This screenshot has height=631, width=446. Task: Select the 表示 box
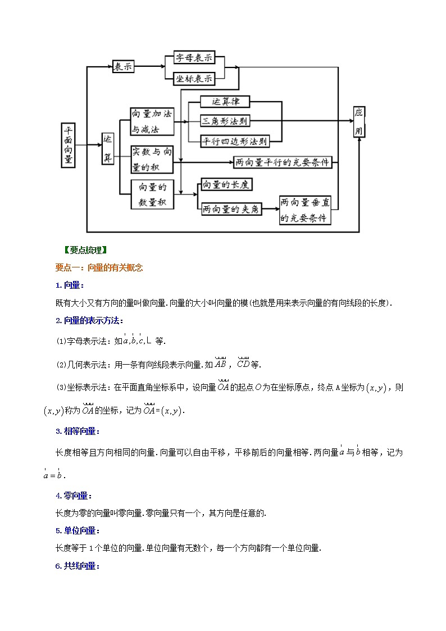pyautogui.click(x=124, y=66)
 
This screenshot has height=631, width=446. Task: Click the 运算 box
pyautogui.click(x=108, y=149)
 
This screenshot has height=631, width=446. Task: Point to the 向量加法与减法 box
pyautogui.click(x=152, y=121)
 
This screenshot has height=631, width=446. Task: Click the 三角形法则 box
pyautogui.click(x=225, y=121)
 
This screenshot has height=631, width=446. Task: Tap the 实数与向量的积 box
pyautogui.click(x=152, y=159)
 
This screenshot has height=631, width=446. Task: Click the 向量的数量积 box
pyautogui.click(x=152, y=195)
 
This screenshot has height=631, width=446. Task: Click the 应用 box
pyautogui.click(x=359, y=121)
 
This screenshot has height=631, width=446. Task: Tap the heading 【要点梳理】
pyautogui.click(x=85, y=251)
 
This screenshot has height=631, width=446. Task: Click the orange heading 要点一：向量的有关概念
pyautogui.click(x=99, y=268)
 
